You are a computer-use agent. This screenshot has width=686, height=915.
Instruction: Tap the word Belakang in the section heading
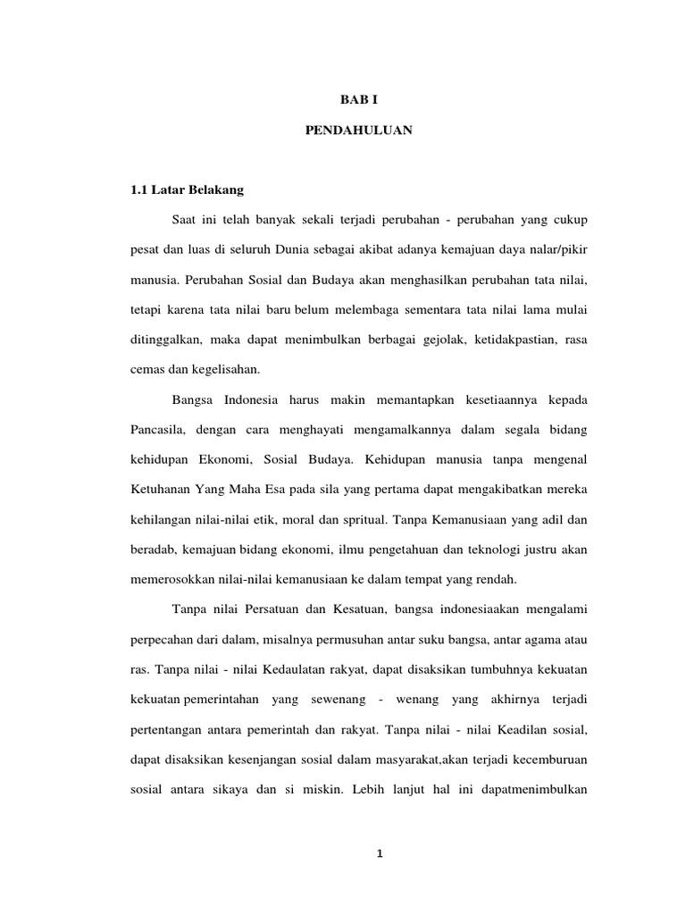pyautogui.click(x=213, y=190)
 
